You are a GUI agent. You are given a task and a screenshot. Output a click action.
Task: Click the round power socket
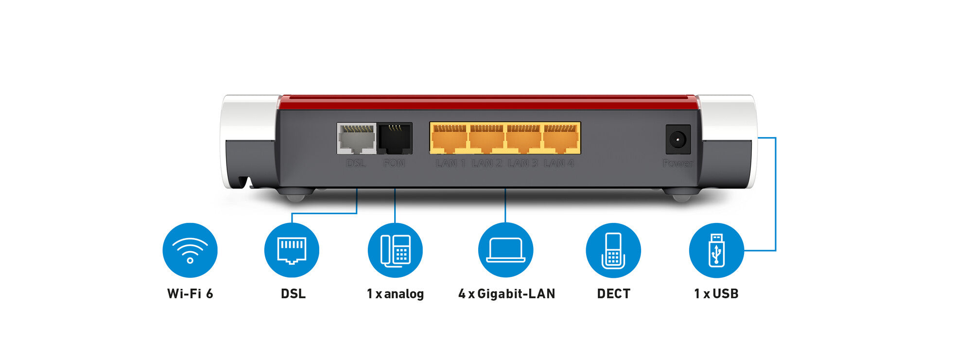click(x=677, y=139)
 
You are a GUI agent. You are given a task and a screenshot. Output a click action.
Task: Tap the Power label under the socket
click(x=678, y=163)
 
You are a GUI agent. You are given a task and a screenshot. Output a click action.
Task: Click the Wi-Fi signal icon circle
click(x=190, y=250)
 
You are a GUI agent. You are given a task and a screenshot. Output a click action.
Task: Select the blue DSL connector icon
click(x=292, y=250)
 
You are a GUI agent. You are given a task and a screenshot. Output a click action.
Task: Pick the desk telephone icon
click(x=395, y=250)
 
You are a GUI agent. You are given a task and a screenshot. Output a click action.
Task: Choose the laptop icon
click(x=505, y=250)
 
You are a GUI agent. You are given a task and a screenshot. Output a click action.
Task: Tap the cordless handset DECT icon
click(x=613, y=250)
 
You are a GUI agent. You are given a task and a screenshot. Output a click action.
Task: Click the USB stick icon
click(x=716, y=250)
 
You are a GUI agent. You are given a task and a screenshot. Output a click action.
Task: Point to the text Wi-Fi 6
click(x=190, y=293)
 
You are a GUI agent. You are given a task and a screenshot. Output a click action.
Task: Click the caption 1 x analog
click(x=395, y=293)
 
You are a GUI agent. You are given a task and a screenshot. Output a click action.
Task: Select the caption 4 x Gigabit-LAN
click(x=506, y=293)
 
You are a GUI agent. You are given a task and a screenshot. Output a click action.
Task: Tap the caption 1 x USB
click(x=716, y=293)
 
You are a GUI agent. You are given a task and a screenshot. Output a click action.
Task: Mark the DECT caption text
click(x=613, y=293)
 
